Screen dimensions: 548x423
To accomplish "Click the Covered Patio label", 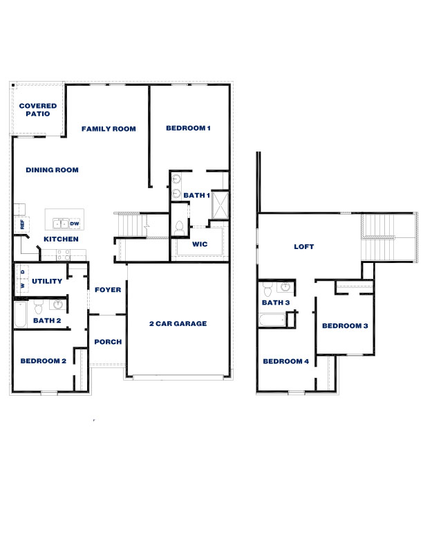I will pos(38,109).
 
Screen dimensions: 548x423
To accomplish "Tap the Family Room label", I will pos(109,129).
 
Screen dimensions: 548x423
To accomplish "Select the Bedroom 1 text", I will pos(188,128).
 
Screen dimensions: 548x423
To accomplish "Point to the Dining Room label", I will pos(52,170).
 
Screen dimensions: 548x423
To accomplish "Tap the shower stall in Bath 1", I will pos(220,205).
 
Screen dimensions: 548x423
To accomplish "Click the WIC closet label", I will pos(200,244).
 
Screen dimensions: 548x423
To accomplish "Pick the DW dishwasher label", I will pos(75,223).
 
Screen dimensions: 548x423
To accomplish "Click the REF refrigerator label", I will pos(22,224).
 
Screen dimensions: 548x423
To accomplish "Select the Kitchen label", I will pos(61,239).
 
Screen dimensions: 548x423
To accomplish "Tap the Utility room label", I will pos(47,281).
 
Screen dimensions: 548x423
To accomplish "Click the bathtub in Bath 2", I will pos(21,315).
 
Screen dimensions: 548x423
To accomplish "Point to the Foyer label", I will pos(109,290).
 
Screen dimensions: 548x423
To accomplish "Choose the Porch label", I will pos(108,342).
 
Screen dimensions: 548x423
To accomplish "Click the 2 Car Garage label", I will pos(178,324).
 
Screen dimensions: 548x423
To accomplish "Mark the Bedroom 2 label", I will pos(43,360).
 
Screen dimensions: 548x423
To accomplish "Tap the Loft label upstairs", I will pos(305,246).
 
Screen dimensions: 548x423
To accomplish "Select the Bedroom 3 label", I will pos(345,326).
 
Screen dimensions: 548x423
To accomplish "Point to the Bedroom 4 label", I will pos(285,361).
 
